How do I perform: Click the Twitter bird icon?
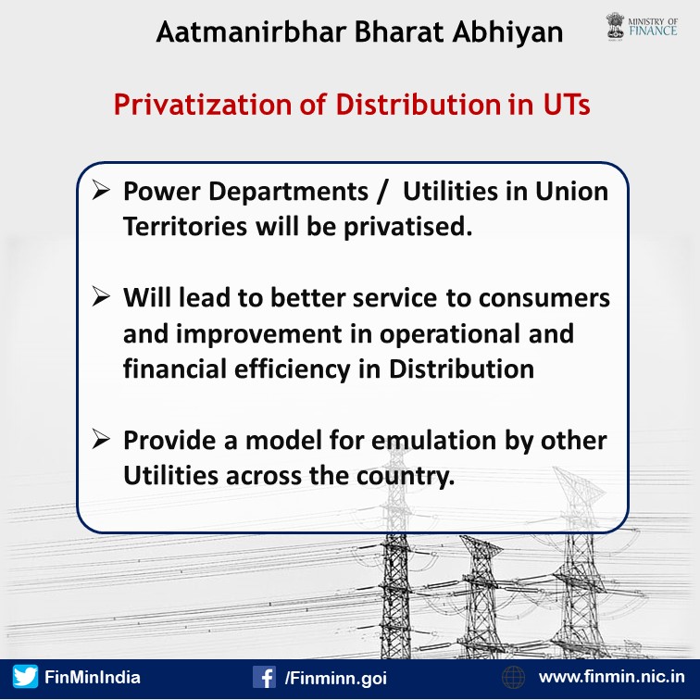click(x=25, y=677)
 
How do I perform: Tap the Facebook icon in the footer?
click(x=264, y=677)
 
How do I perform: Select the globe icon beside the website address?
click(x=513, y=677)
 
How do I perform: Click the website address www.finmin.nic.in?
click(x=612, y=677)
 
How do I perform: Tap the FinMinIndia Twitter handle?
click(x=93, y=677)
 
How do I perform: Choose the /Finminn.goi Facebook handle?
click(x=336, y=678)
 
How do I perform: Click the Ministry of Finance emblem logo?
click(x=615, y=27)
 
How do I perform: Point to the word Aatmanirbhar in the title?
click(x=252, y=31)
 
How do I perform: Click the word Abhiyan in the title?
click(x=507, y=32)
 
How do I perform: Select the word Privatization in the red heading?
click(x=203, y=105)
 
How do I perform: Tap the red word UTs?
click(x=567, y=105)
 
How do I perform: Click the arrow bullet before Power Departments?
click(x=101, y=190)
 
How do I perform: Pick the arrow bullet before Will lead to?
click(x=101, y=296)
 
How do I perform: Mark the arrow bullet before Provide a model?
click(x=101, y=439)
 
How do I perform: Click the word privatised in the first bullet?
click(x=407, y=227)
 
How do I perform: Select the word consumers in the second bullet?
click(x=544, y=299)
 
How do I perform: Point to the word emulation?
click(x=434, y=440)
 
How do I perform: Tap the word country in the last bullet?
click(x=406, y=477)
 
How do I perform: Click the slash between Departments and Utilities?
click(x=381, y=192)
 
